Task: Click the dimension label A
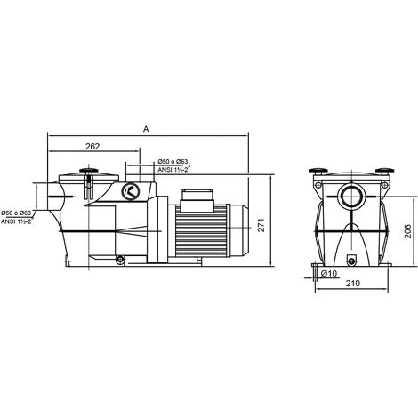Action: point(146,129)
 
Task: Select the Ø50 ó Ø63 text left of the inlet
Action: point(18,213)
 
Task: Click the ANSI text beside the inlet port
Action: point(18,222)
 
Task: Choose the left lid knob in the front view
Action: point(316,171)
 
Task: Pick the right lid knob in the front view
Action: point(387,171)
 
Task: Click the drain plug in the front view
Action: point(351,260)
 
